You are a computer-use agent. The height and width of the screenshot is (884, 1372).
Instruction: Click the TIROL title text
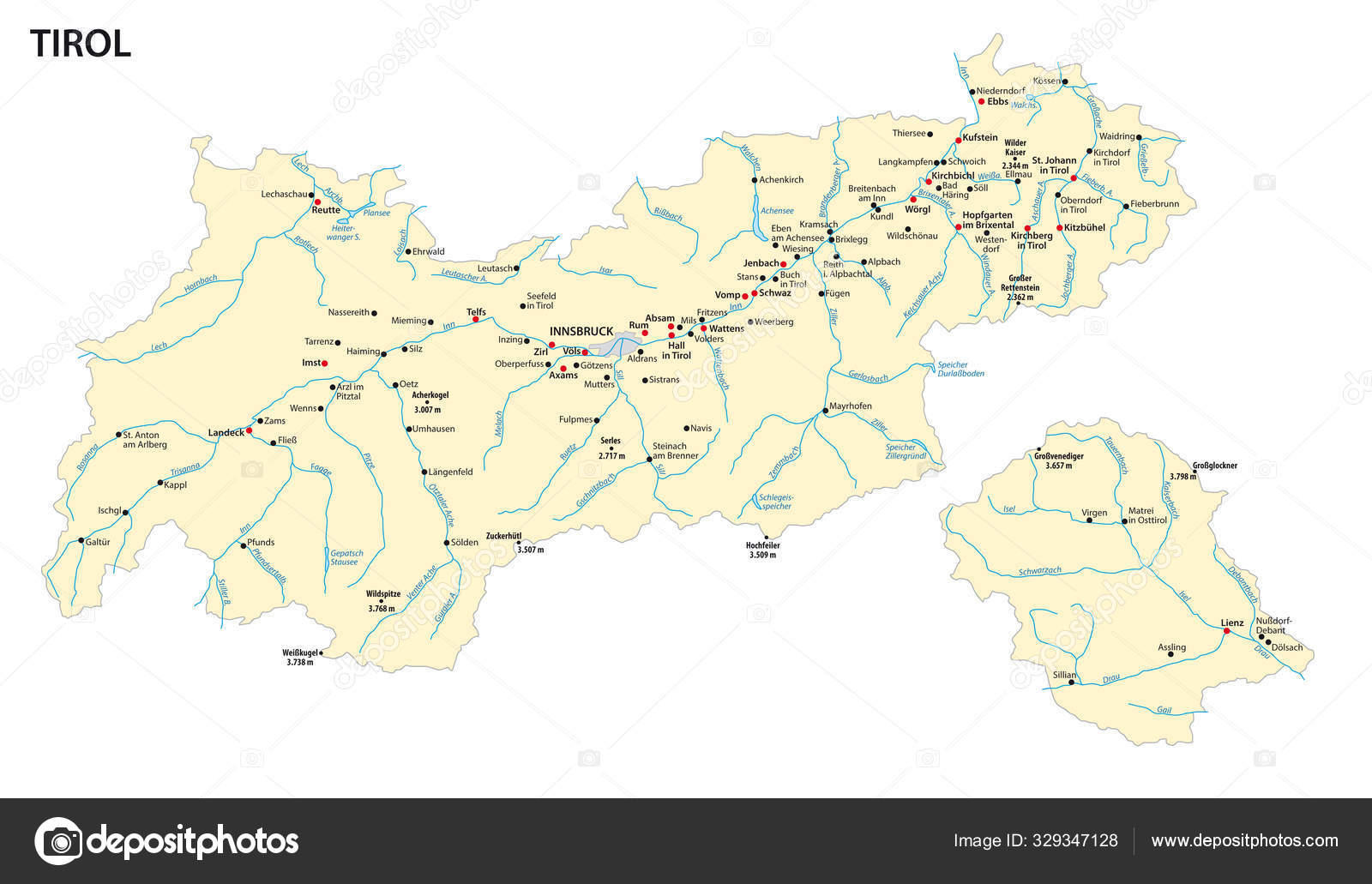tap(81, 44)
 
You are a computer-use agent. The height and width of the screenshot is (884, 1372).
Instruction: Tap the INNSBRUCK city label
tap(581, 331)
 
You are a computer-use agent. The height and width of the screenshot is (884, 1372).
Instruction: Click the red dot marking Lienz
tap(1226, 631)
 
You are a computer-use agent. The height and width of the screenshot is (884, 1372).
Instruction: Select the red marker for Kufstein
tap(959, 140)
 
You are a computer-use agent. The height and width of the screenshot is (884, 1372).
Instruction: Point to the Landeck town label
tap(226, 433)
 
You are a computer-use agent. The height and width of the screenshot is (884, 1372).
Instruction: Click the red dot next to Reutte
tap(317, 202)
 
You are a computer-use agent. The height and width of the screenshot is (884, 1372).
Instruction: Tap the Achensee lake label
tap(777, 210)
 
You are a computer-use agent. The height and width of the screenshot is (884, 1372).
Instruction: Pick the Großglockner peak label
tap(1215, 466)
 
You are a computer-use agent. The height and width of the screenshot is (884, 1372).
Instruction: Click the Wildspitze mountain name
tap(383, 593)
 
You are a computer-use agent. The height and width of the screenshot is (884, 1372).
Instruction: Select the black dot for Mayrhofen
tap(825, 411)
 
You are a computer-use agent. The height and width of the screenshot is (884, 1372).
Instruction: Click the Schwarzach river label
tap(1040, 570)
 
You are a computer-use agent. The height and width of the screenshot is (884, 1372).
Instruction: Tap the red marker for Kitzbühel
tap(1059, 228)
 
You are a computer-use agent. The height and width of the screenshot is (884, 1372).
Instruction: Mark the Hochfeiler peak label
tap(762, 544)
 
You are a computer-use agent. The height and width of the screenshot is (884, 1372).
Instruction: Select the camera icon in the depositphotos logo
tap(58, 840)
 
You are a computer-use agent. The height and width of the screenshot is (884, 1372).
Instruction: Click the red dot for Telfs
tap(476, 320)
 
